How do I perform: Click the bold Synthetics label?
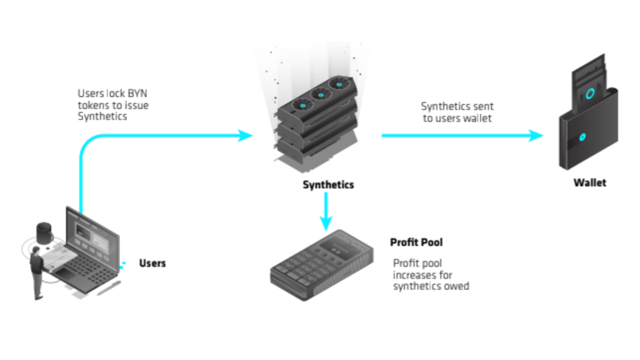328,185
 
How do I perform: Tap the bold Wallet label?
589,183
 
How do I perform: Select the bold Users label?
152,263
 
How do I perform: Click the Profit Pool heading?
416,242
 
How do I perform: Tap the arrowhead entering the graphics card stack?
245,135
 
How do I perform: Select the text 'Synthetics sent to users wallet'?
457,112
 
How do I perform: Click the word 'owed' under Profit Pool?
456,286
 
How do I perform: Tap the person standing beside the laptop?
37,272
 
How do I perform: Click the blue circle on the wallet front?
582,137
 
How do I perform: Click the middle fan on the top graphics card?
321,94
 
